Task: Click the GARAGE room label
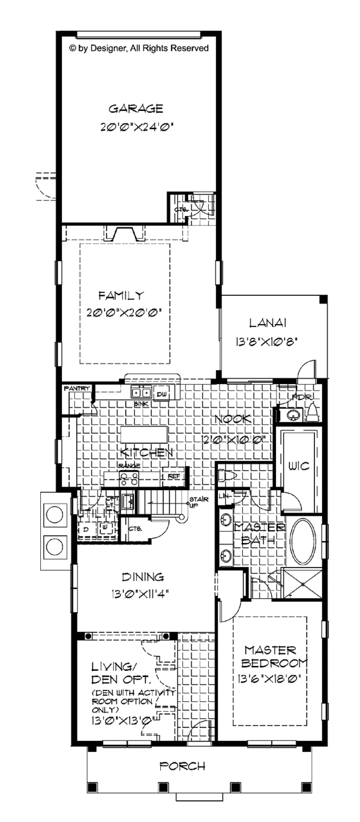click(136, 109)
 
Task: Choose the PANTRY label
click(76, 389)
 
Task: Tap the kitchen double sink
click(142, 394)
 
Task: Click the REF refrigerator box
click(175, 476)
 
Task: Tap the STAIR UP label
click(197, 502)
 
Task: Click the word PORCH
click(183, 766)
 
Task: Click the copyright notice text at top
click(139, 48)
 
